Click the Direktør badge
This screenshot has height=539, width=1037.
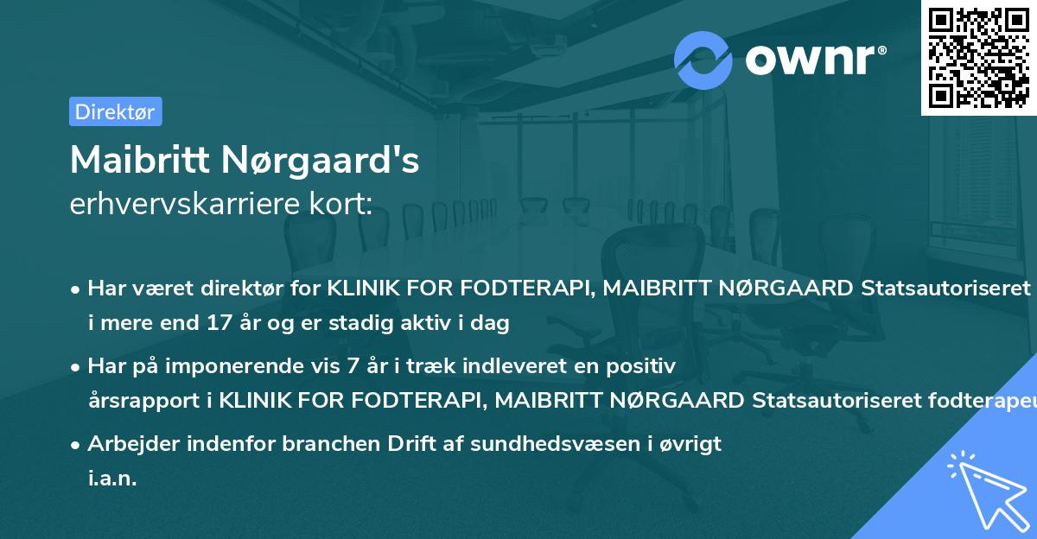[x=115, y=111]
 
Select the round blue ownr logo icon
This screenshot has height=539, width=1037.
[x=703, y=60]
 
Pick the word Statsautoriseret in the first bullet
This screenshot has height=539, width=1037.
[x=946, y=289]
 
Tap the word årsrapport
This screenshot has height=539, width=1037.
[x=138, y=401]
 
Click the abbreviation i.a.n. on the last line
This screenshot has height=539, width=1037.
[x=112, y=479]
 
